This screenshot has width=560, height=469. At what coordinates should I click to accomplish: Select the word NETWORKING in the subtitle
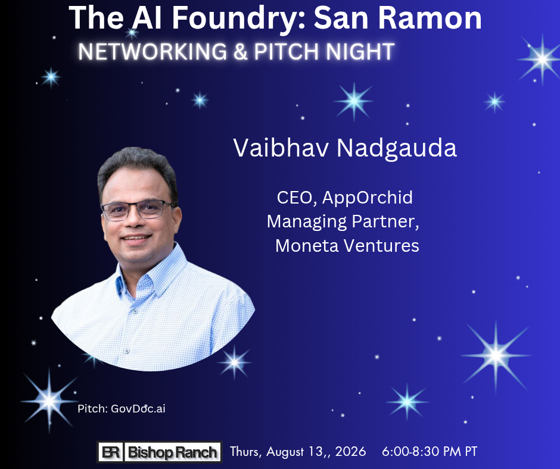point(153,51)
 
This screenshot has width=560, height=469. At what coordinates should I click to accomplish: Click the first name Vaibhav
point(281,148)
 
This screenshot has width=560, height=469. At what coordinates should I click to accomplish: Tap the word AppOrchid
point(368,198)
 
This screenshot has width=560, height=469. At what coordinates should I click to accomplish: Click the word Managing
point(307,222)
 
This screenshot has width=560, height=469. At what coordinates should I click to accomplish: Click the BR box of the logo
point(111,452)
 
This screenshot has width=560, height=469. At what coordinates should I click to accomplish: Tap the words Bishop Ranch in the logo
point(173,452)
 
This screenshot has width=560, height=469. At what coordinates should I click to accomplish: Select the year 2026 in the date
point(350,452)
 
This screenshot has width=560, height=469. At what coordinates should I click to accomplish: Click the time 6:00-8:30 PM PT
point(430,452)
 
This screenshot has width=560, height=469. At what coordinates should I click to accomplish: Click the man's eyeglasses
point(138,210)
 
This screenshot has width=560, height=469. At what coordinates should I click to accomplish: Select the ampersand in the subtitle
point(241,52)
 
